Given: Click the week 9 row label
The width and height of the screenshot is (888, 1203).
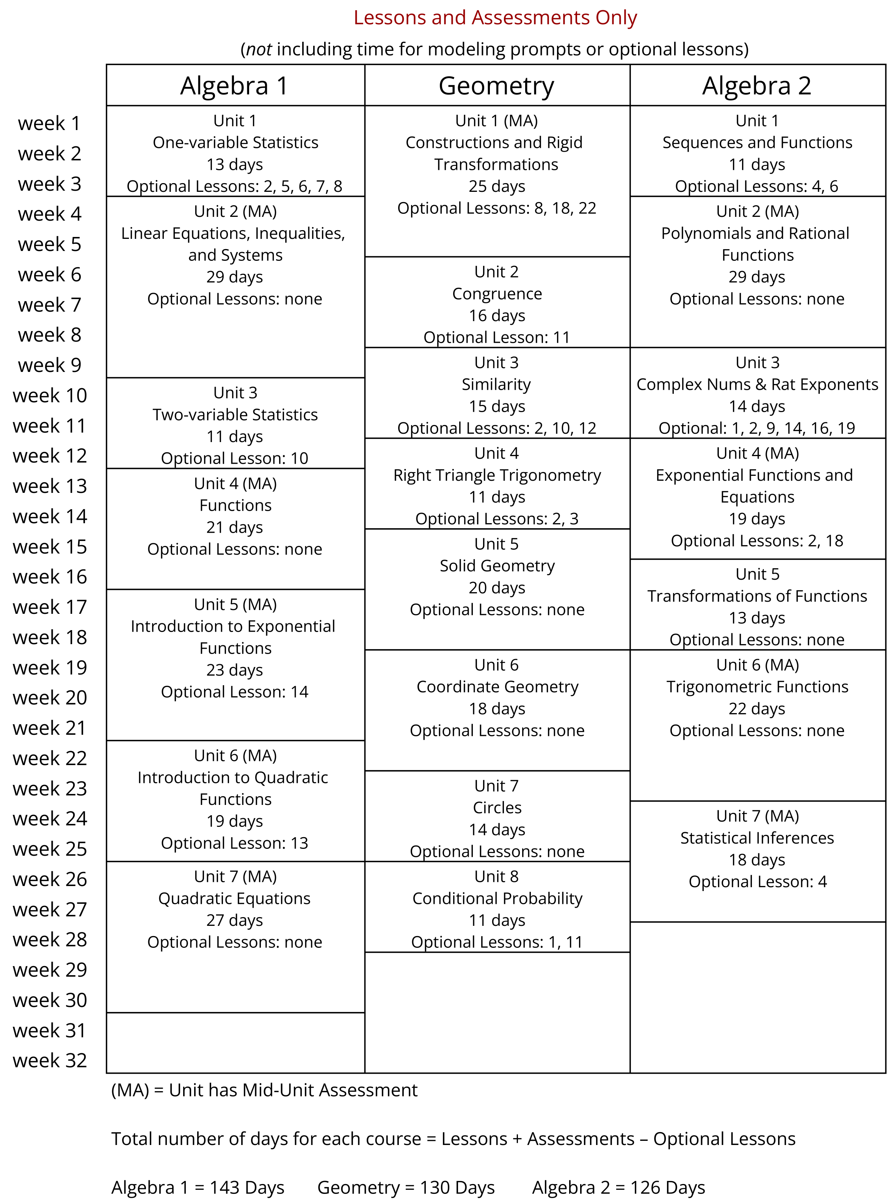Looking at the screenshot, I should coord(49,365).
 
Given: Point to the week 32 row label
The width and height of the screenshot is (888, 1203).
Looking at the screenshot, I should coord(49,1060).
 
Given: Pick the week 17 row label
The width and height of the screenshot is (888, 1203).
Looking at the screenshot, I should coord(49,607).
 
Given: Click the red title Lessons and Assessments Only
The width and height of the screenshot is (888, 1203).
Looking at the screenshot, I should coord(495,18).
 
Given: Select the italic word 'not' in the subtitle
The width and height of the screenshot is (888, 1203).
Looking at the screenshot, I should coord(259,49).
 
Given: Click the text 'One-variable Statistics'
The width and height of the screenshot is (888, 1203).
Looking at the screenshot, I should coord(235,143).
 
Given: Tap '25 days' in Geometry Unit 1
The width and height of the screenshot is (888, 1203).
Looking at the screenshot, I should coord(497,187).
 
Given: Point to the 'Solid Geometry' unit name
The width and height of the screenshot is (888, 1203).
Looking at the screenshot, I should coord(497,566).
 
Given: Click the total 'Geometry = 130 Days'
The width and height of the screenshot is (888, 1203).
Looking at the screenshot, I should coord(406,1187).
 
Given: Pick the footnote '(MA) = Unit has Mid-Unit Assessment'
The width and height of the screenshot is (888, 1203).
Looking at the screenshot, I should coord(264,1090).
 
